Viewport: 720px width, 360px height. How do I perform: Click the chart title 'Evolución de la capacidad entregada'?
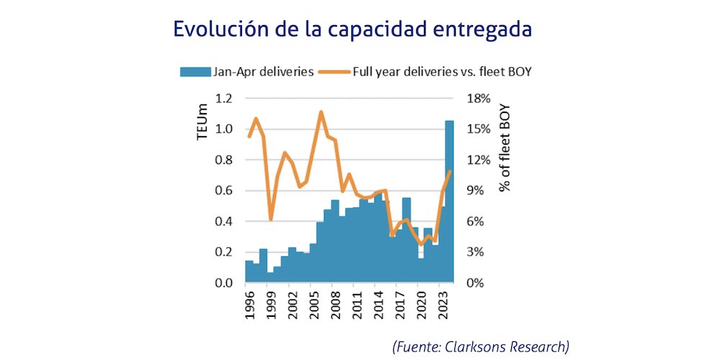point(353,30)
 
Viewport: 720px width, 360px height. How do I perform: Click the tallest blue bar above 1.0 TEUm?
point(449,202)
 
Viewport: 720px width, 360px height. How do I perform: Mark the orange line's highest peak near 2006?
point(321,112)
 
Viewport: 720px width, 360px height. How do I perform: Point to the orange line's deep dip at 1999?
point(271,220)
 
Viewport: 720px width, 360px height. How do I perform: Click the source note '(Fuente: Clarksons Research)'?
point(480,346)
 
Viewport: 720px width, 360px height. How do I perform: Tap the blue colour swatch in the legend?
point(194,71)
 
